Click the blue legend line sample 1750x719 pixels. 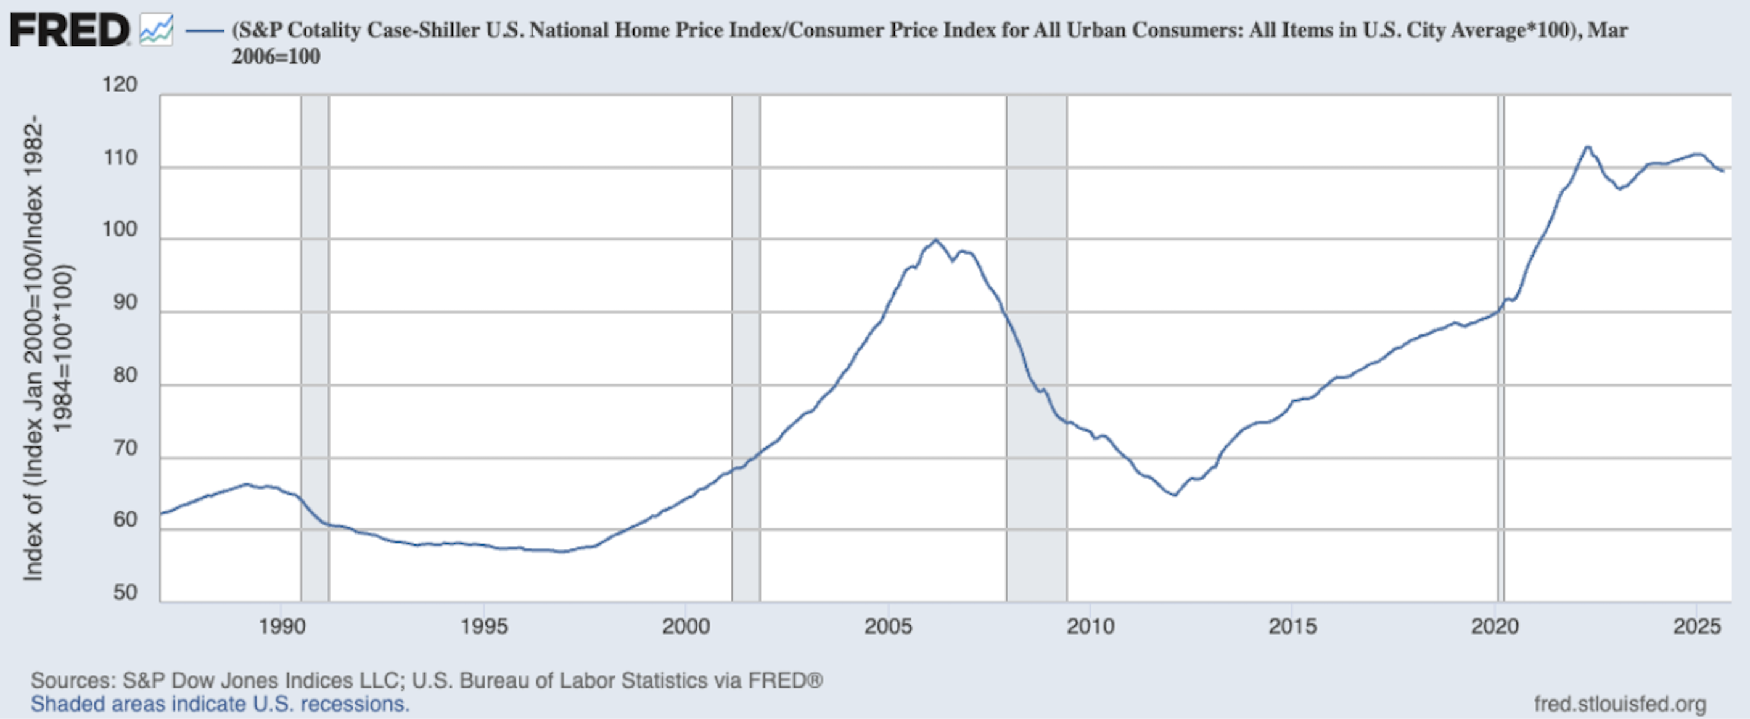[205, 31]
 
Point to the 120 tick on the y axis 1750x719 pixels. [120, 85]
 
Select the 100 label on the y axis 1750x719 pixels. [120, 230]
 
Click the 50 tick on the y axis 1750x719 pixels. [125, 593]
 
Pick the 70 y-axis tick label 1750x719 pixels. [125, 448]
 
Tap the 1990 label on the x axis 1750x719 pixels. [281, 626]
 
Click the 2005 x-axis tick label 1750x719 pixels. [888, 626]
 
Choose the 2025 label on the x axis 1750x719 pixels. [1697, 626]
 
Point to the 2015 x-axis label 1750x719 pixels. [1292, 626]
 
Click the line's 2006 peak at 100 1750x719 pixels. [936, 239]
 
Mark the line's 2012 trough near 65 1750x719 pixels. [1175, 495]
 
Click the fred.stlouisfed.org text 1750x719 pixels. [1619, 704]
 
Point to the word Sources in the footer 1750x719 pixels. [73, 680]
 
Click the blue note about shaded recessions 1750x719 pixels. [220, 704]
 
